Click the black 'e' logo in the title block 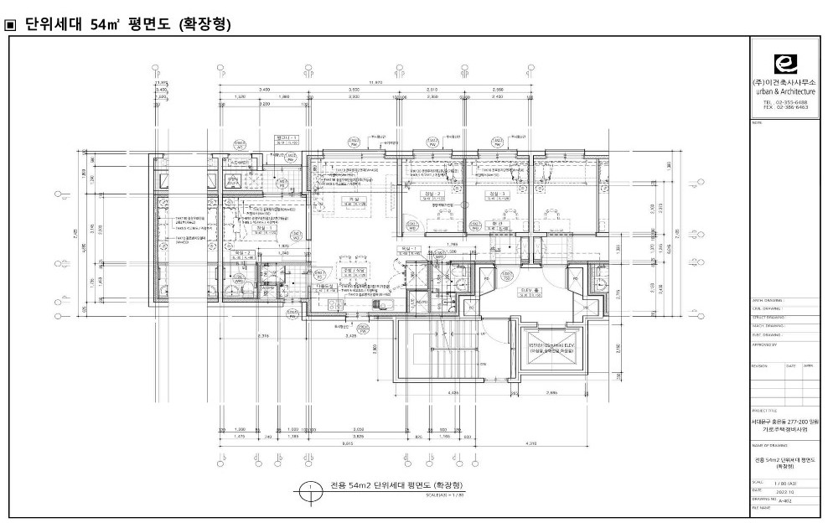pos(784,65)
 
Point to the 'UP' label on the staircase pos(483,333)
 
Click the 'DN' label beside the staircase pos(483,364)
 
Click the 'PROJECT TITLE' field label pos(767,410)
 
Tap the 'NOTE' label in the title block pos(758,122)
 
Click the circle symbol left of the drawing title pos(311,488)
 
